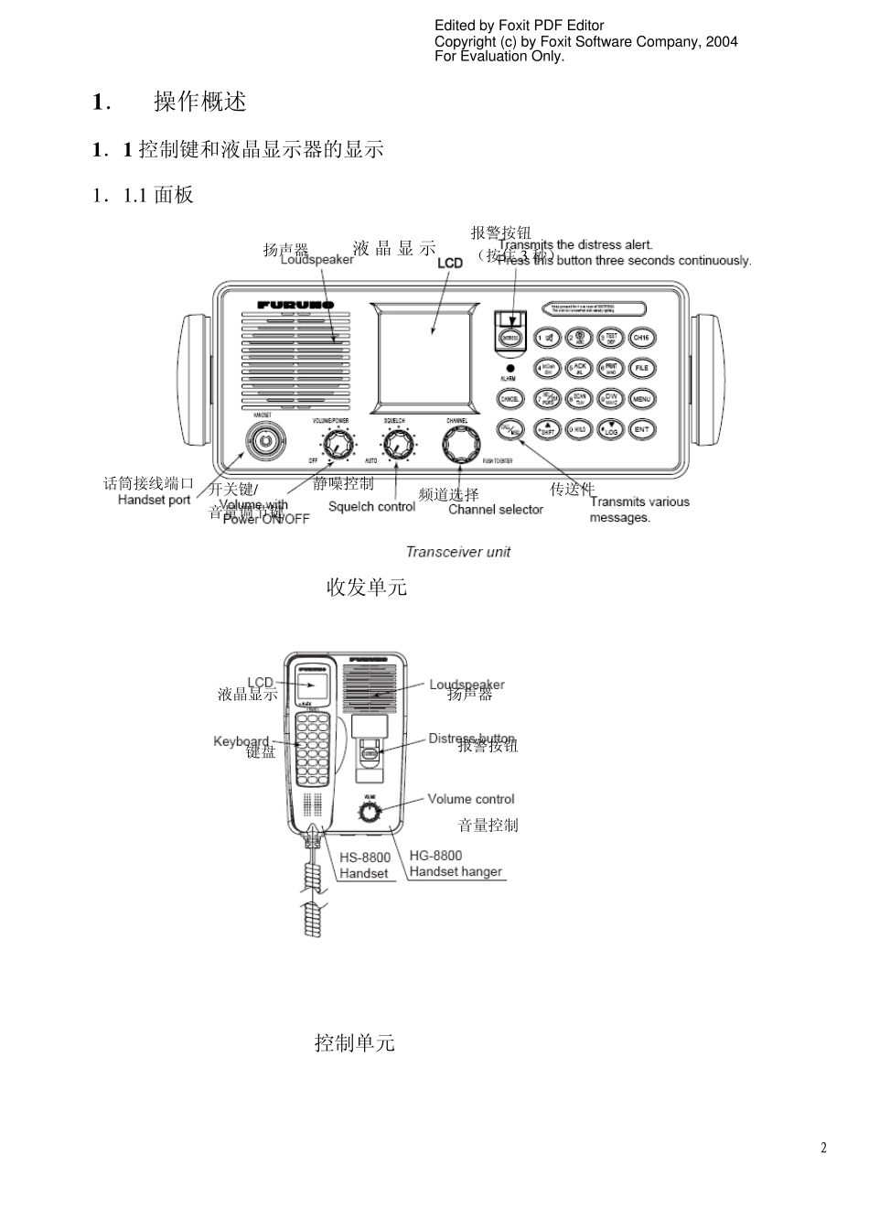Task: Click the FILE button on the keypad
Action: coord(642,368)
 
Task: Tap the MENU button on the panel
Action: coord(642,399)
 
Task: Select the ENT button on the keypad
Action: coord(642,429)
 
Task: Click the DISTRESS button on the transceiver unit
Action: coord(510,338)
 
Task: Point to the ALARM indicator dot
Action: coord(510,367)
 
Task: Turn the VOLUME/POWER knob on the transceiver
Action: coord(339,447)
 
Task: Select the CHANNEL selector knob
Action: coord(458,445)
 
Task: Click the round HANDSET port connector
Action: coord(264,440)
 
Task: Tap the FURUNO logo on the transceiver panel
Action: coord(295,305)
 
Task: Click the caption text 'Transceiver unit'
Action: coord(458,552)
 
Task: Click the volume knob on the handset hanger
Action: coord(369,812)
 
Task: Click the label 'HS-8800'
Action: coord(364,858)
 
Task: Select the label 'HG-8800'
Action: coord(435,856)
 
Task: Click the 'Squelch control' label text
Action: coord(371,506)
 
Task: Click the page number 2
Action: coord(823,1149)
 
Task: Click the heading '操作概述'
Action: coord(200,102)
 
